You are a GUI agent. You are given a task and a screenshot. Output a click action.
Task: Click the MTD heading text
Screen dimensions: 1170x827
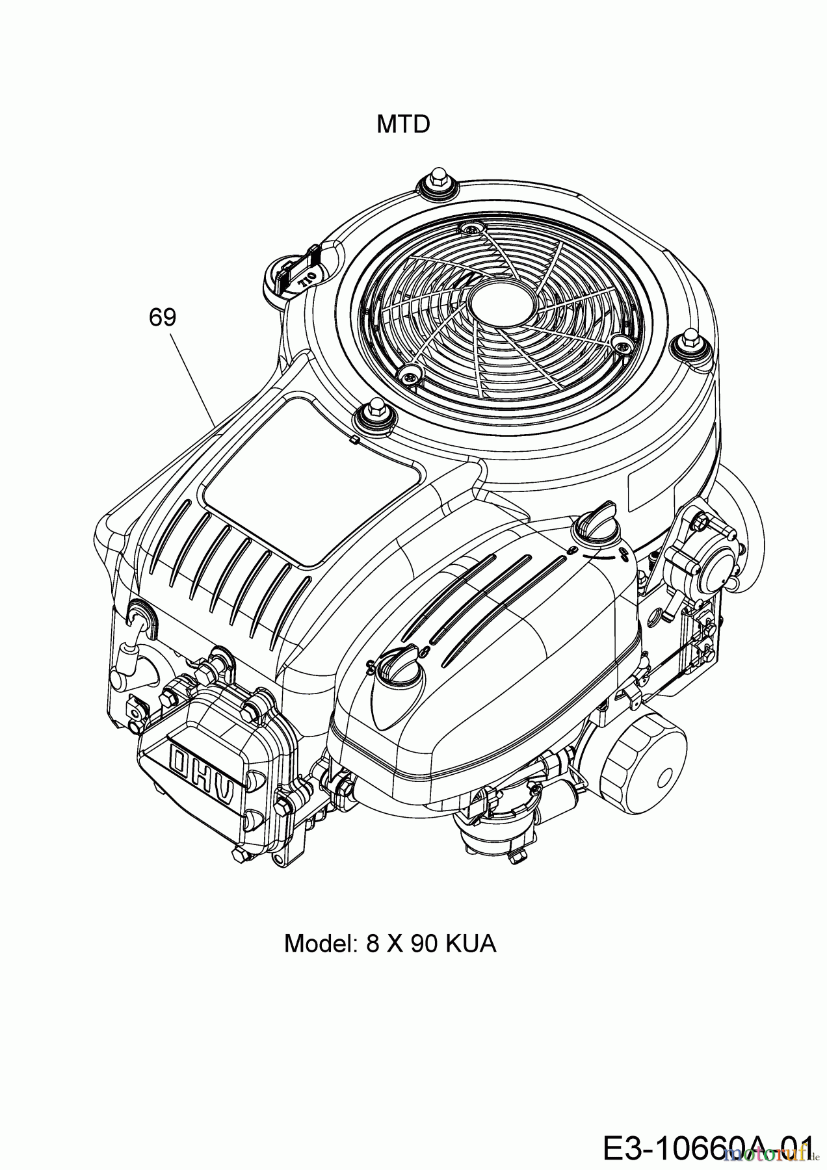[403, 124]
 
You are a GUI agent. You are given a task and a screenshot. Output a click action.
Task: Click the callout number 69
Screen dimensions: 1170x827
[162, 317]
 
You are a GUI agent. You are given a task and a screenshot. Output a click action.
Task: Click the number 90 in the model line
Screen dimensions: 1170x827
[423, 943]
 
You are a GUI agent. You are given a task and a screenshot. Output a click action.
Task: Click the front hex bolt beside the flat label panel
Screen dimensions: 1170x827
[375, 414]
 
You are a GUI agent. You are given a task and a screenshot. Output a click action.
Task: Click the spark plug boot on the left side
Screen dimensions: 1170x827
[136, 624]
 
